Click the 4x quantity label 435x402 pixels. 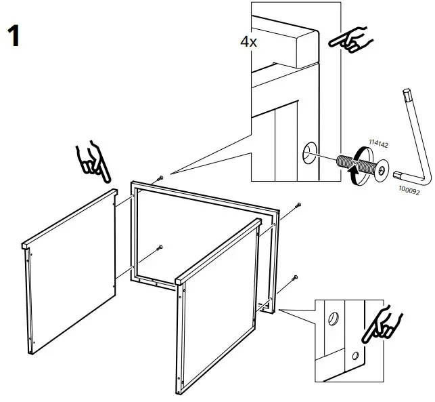coord(248,41)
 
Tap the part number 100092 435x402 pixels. coord(407,191)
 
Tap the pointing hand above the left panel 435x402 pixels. coord(94,163)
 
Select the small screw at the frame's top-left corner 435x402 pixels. coord(160,178)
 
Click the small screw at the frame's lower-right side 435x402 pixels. coord(294,277)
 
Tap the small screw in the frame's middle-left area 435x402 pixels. coord(160,247)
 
